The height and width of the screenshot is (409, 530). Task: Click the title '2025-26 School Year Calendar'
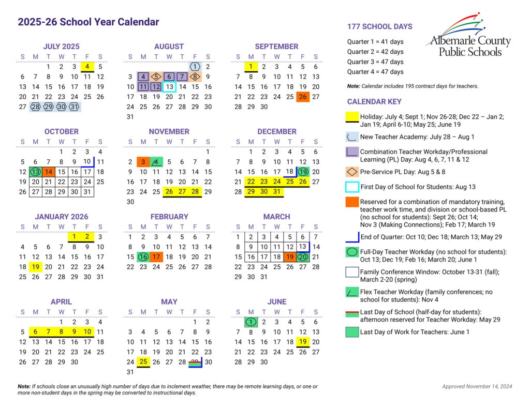click(x=89, y=22)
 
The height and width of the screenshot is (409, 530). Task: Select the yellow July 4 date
click(x=87, y=66)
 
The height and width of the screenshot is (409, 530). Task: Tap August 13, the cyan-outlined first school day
click(x=169, y=87)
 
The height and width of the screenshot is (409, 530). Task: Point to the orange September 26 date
click(x=303, y=97)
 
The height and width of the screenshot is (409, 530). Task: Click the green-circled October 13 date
click(x=35, y=172)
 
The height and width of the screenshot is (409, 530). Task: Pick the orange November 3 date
click(x=143, y=162)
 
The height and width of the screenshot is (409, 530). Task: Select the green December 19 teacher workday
click(x=303, y=172)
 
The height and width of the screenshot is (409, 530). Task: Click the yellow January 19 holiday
click(x=35, y=267)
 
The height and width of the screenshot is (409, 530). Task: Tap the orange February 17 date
click(x=156, y=257)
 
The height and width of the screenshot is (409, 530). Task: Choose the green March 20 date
click(x=303, y=257)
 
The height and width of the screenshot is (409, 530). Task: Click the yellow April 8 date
click(x=61, y=332)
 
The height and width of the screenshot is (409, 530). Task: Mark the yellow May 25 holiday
click(x=143, y=362)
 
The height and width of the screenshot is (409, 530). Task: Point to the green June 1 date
click(x=251, y=322)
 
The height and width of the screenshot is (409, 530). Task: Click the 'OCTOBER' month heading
click(x=61, y=132)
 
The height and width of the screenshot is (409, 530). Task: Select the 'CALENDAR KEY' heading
click(x=374, y=102)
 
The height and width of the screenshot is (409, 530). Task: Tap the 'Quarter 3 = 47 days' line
click(x=375, y=62)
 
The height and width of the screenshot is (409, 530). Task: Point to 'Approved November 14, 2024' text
click(x=477, y=386)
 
